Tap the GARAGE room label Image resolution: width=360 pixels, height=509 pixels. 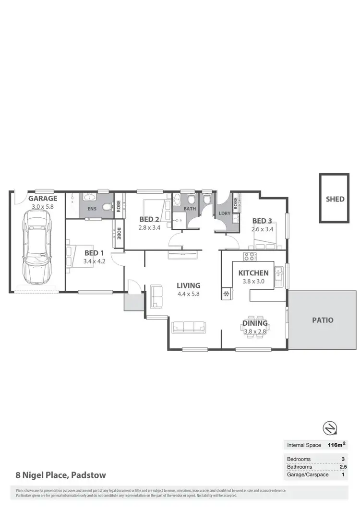pyautogui.click(x=42, y=198)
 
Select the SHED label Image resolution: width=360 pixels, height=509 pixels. pyautogui.click(x=335, y=199)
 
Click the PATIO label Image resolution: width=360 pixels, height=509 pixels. pyautogui.click(x=322, y=320)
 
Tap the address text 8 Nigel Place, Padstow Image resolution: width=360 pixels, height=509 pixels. pyautogui.click(x=60, y=475)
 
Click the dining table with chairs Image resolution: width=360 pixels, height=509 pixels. pyautogui.click(x=255, y=327)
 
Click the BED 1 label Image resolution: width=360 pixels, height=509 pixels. pyautogui.click(x=94, y=253)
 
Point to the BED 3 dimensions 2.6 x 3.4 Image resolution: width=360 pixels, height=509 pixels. pyautogui.click(x=262, y=229)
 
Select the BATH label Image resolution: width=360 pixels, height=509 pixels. pyautogui.click(x=189, y=209)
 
